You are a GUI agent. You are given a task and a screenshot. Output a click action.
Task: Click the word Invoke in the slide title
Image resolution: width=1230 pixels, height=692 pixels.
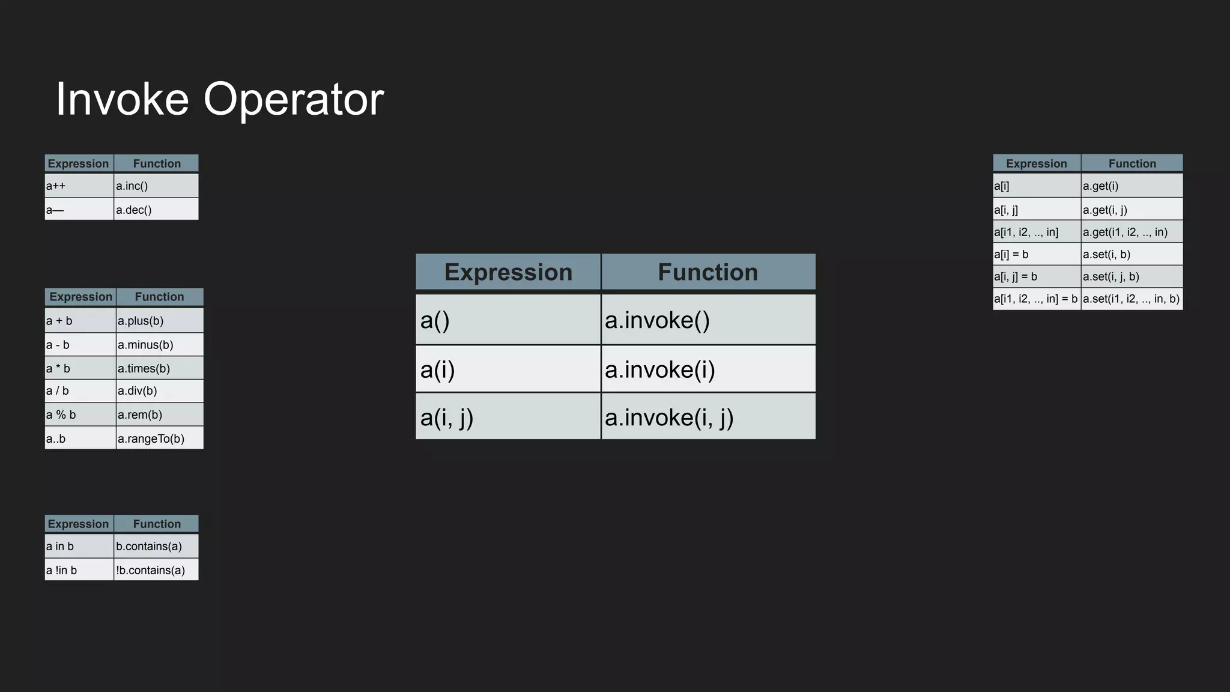click(x=122, y=99)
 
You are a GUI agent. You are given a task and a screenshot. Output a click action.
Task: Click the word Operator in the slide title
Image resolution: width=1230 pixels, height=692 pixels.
click(x=293, y=99)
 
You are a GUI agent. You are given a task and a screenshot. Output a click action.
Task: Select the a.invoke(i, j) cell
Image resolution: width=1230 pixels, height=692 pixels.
click(x=708, y=417)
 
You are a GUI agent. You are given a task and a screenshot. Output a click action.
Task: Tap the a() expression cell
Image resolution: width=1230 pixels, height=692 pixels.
click(x=508, y=320)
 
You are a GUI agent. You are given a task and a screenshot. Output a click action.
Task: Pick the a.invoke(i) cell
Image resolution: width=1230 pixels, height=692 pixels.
click(x=708, y=369)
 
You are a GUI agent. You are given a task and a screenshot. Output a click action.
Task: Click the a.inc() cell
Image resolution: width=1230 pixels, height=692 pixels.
click(x=156, y=186)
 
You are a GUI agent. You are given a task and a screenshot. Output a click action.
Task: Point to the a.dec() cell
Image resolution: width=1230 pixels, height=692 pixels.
click(x=156, y=210)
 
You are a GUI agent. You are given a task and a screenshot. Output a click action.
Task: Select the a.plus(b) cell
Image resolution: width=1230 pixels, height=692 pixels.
click(x=159, y=321)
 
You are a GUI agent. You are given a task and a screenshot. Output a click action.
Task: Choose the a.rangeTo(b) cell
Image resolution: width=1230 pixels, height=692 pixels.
click(x=159, y=439)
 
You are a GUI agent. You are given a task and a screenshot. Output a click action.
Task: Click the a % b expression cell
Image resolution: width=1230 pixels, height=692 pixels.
click(x=80, y=414)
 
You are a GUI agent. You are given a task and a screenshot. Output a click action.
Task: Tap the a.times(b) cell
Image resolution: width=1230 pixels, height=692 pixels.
click(x=159, y=368)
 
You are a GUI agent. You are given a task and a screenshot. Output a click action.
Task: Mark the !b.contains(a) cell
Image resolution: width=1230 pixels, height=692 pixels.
click(x=156, y=570)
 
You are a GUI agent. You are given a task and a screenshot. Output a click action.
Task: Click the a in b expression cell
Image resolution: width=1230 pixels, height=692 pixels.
click(x=79, y=546)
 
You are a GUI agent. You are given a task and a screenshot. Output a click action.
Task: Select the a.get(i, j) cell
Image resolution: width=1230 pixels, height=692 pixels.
click(x=1132, y=210)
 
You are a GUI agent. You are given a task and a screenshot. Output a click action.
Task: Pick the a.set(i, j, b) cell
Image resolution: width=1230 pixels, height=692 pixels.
click(x=1132, y=276)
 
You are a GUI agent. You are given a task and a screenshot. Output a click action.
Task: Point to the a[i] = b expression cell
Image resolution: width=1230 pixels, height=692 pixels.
click(x=1037, y=254)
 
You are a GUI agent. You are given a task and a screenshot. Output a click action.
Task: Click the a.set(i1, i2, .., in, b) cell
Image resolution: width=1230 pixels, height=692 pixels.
click(x=1132, y=299)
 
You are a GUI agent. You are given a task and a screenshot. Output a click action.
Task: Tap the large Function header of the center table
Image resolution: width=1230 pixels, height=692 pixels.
click(x=708, y=272)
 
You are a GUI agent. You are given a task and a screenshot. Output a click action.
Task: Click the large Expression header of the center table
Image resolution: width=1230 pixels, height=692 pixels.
click(x=508, y=272)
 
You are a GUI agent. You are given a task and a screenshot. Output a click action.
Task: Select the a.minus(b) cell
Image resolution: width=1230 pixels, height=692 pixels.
click(x=159, y=345)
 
